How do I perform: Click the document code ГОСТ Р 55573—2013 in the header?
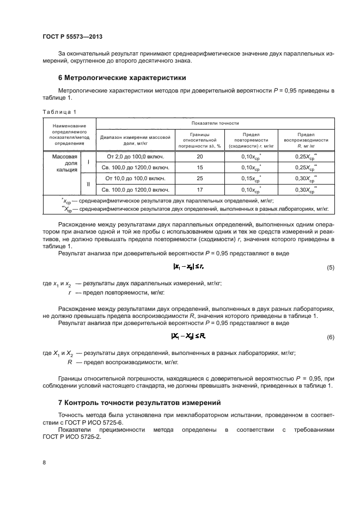(x=72, y=37)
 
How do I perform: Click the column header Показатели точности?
(x=215, y=124)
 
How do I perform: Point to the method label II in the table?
(x=88, y=184)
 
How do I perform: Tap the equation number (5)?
(x=330, y=268)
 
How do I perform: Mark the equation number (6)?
(x=330, y=338)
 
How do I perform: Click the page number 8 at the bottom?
(x=45, y=463)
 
